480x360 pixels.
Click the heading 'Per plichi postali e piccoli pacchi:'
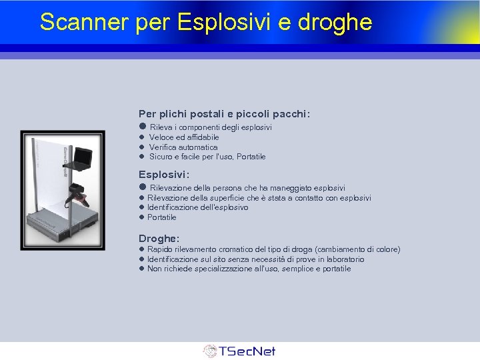click(224, 114)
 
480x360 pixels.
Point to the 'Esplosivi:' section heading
click(164, 175)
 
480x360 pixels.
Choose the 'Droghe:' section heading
click(159, 238)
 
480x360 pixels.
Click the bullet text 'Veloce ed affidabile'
click(175, 137)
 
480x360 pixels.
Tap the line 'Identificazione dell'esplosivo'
click(197, 207)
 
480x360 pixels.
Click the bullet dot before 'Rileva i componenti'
click(142, 127)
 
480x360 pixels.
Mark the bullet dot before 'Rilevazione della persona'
click(142, 188)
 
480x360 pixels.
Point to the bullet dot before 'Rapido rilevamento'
click(141, 249)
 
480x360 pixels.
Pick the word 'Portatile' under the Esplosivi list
click(162, 217)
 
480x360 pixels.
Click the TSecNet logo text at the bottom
click(247, 351)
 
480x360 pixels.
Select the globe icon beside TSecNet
click(210, 351)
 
